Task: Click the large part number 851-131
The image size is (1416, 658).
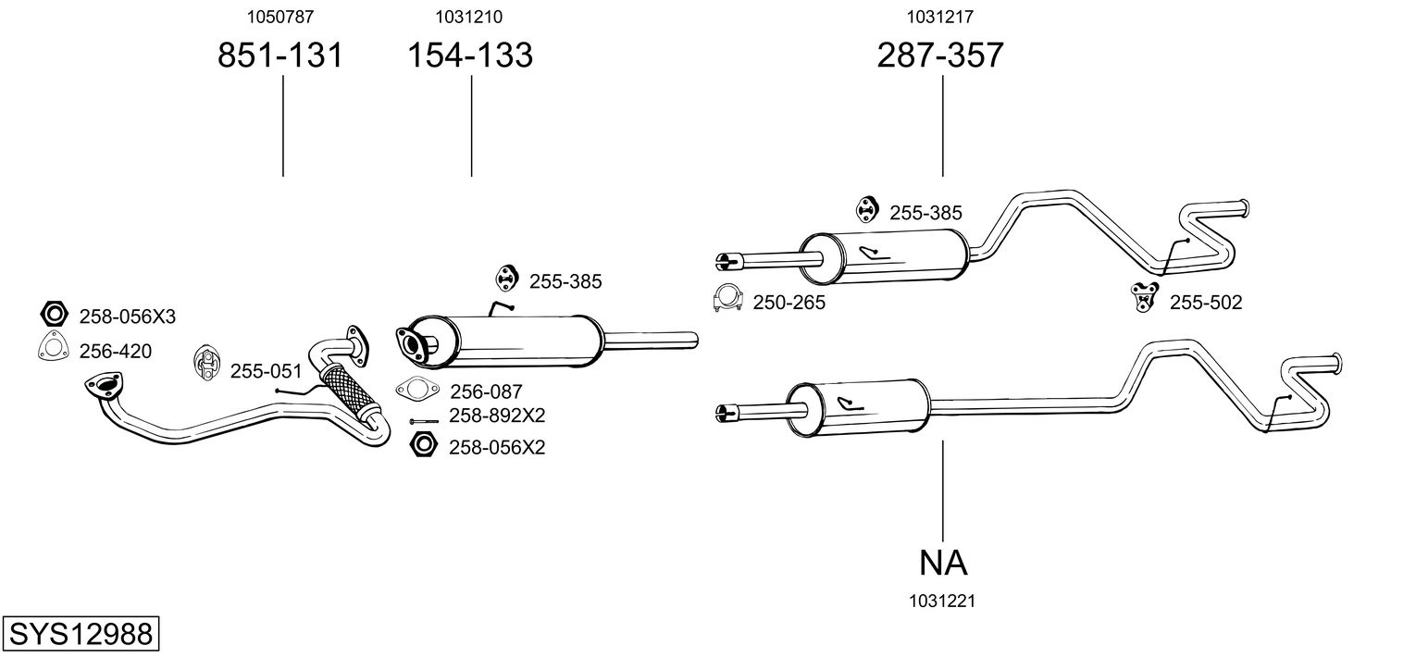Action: coord(280,56)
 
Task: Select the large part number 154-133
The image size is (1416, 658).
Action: coord(471,56)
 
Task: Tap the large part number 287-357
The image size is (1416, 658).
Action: coord(940,56)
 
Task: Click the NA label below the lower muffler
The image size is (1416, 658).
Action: coord(943,562)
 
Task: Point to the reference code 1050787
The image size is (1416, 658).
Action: coord(280,16)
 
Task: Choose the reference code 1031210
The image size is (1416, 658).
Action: coord(471,16)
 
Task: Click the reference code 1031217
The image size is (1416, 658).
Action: coord(940,16)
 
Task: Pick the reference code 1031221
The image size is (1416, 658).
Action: coord(943,601)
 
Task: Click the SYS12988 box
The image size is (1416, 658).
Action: coord(80,634)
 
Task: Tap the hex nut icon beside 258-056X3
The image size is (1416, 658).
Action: coord(53,315)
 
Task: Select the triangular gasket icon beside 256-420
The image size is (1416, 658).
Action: coord(53,346)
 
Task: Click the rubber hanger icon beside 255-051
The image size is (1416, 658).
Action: coord(207,363)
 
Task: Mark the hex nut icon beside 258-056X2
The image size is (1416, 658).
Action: coord(423,445)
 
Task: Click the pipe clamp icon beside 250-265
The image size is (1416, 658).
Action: coord(728,298)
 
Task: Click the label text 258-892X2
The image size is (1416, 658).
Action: coord(496,416)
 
